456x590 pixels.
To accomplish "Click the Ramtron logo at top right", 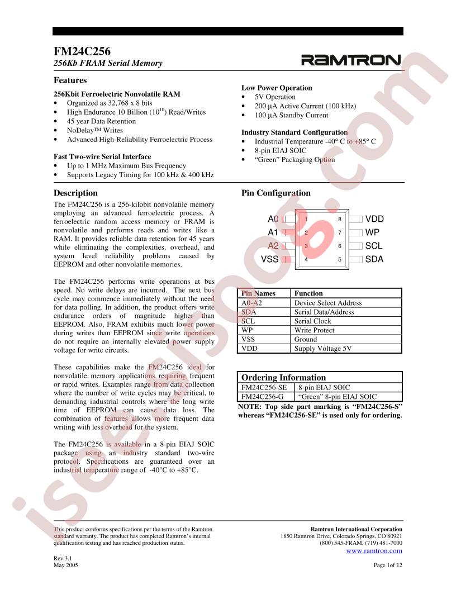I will [x=351, y=60].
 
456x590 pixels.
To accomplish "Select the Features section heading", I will [x=70, y=80].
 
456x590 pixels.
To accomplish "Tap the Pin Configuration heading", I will [x=275, y=193].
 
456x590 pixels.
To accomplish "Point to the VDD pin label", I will [x=374, y=220].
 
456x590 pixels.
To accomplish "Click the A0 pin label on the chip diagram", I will [x=273, y=220].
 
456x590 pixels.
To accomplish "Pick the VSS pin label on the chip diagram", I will [x=269, y=259].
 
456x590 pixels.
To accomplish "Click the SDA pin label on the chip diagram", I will [x=374, y=259].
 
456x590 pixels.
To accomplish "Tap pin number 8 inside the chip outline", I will [x=339, y=220].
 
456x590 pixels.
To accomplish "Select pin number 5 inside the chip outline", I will [x=339, y=259].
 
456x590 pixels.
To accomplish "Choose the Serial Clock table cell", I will [x=314, y=321].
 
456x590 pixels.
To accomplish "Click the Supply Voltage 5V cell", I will [x=323, y=348].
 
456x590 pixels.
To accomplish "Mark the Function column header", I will [x=308, y=293].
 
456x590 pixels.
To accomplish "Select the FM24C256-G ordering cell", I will [x=263, y=396].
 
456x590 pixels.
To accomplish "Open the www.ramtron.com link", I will [x=374, y=551].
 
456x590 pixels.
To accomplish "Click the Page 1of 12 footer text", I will [x=388, y=565].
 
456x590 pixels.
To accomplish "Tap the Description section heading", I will [x=75, y=193].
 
